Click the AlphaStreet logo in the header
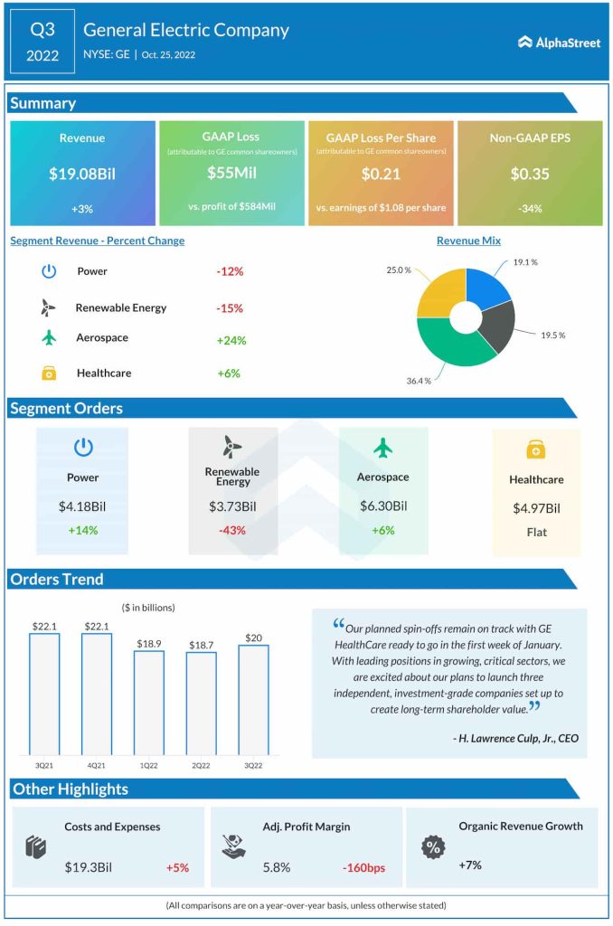pos(559,43)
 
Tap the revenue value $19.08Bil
pos(82,175)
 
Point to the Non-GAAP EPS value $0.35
pos(530,175)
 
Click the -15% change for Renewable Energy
pos(230,308)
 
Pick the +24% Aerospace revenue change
pos(231,341)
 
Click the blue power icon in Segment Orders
pos(82,447)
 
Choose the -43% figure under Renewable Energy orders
pos(232,530)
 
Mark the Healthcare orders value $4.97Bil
pos(535,508)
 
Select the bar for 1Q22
pos(149,702)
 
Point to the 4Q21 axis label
pos(97,764)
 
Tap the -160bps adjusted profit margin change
pos(363,868)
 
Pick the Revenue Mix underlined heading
pos(468,241)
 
